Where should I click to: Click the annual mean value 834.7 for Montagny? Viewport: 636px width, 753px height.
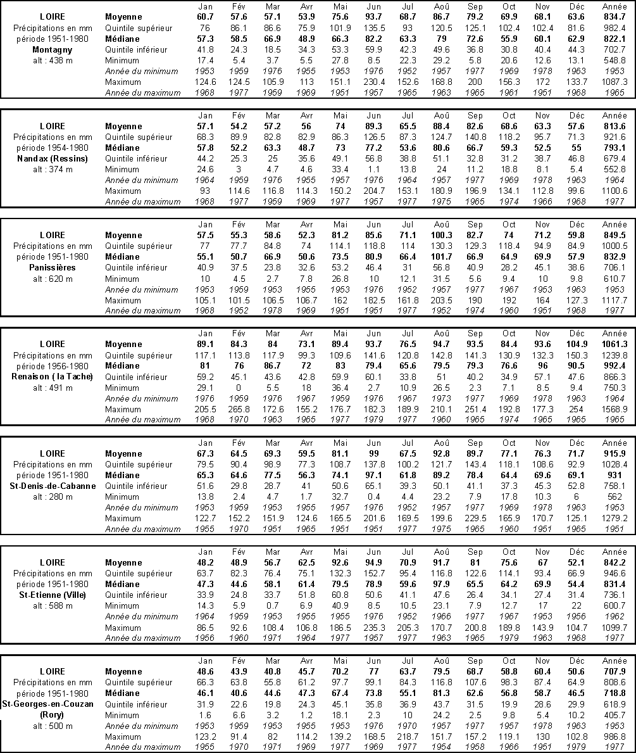pyautogui.click(x=614, y=17)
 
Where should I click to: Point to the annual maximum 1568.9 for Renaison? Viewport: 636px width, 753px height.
pyautogui.click(x=614, y=409)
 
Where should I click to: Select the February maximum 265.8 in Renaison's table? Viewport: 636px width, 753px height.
pyautogui.click(x=239, y=409)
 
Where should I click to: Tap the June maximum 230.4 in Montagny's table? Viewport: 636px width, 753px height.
pyautogui.click(x=374, y=82)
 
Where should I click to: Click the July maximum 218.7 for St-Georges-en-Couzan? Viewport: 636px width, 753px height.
pyautogui.click(x=408, y=737)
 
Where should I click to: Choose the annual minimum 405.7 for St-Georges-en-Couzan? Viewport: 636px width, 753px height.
pyautogui.click(x=614, y=715)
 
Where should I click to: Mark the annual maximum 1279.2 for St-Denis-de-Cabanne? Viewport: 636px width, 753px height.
pyautogui.click(x=614, y=518)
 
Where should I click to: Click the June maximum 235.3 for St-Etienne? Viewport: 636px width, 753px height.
pyautogui.click(x=374, y=627)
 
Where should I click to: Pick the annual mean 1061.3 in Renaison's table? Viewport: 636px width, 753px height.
pyautogui.click(x=614, y=345)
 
